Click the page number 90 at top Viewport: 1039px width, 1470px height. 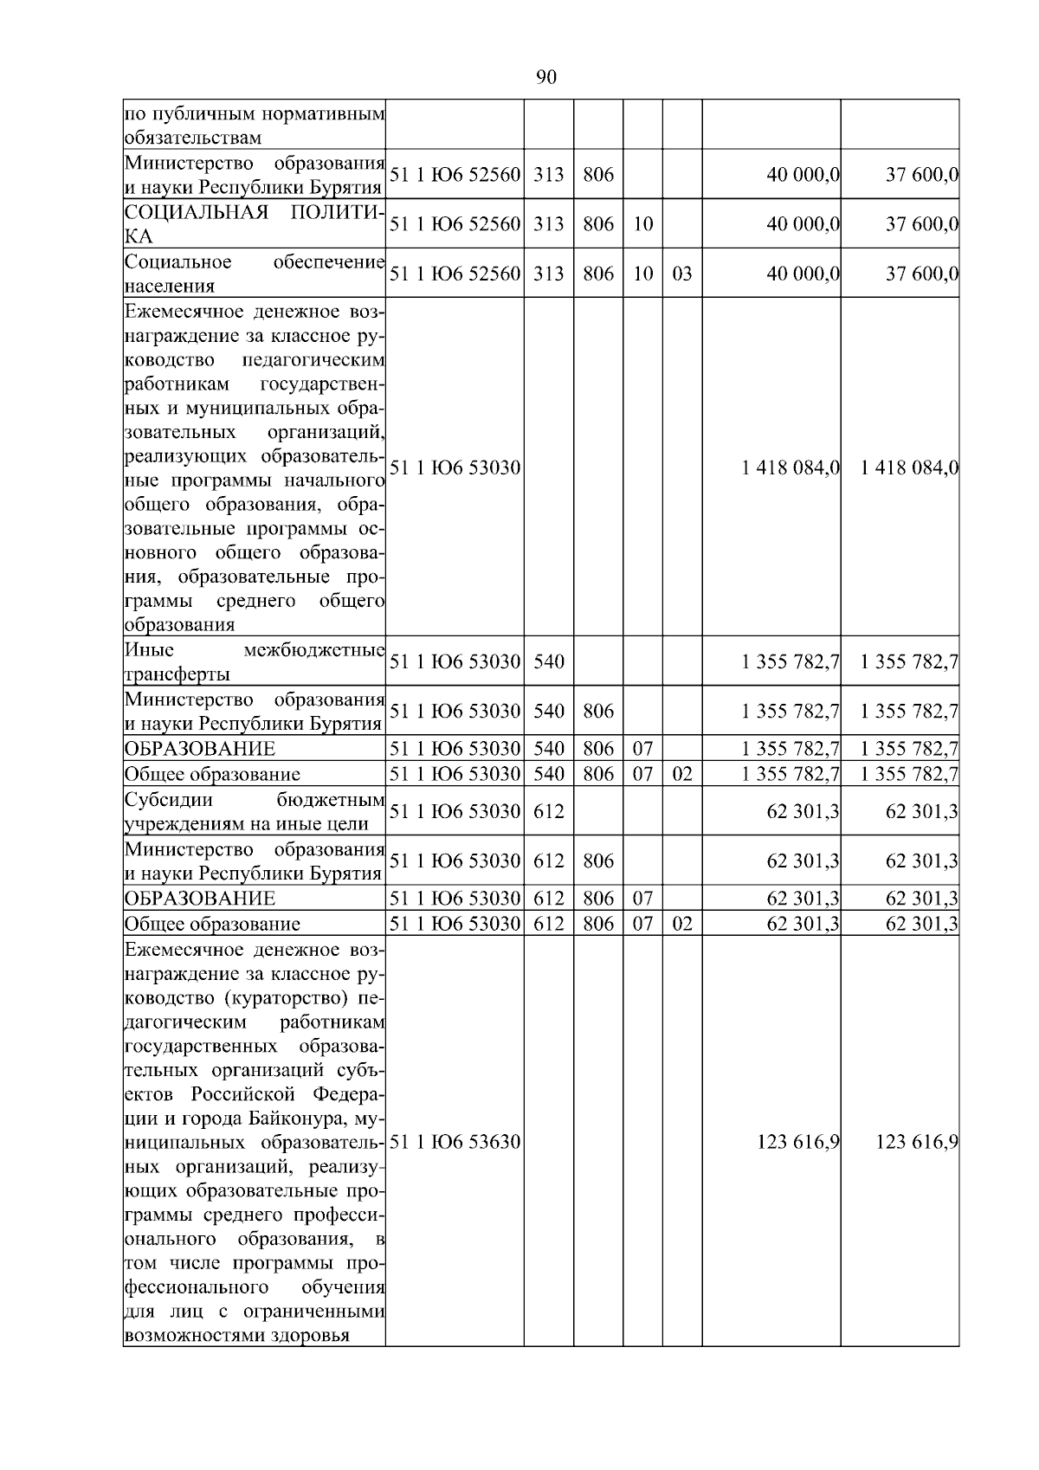(546, 78)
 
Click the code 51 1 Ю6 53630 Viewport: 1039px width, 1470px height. (455, 1142)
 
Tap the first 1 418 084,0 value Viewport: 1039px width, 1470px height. (791, 468)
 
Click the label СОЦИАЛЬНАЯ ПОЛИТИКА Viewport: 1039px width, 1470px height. (254, 224)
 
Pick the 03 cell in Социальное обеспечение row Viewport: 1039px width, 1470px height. (682, 274)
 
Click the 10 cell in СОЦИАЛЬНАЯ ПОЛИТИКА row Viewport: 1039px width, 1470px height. (642, 224)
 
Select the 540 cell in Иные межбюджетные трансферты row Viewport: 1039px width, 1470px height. (549, 662)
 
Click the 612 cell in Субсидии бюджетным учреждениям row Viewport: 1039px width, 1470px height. (549, 811)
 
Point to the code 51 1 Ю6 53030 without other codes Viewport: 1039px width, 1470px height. (455, 468)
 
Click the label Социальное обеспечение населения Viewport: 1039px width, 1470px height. (254, 274)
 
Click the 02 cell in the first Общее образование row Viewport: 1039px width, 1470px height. (682, 774)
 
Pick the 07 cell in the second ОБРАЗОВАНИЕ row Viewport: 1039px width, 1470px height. (642, 898)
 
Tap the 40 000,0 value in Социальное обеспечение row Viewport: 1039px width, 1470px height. (803, 274)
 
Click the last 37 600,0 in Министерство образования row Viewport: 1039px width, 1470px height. (921, 175)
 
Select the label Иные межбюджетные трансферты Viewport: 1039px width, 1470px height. (254, 662)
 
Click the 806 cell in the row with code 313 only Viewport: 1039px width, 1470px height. (598, 175)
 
